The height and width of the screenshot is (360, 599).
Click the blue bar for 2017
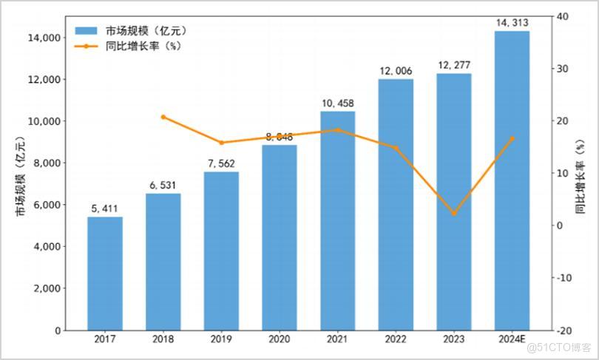tap(105, 274)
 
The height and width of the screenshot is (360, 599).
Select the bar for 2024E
tap(512, 181)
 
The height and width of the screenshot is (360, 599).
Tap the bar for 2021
tap(337, 222)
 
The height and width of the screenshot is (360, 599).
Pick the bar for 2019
tap(221, 251)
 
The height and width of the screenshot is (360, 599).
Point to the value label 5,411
tap(105, 209)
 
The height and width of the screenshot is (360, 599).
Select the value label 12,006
tap(396, 71)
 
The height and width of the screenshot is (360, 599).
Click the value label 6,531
tap(163, 186)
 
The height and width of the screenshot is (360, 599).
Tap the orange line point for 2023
tap(453, 214)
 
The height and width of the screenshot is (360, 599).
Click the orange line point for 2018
tap(163, 117)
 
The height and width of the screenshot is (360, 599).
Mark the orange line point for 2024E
tap(512, 138)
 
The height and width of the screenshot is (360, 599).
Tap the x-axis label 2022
tap(396, 340)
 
